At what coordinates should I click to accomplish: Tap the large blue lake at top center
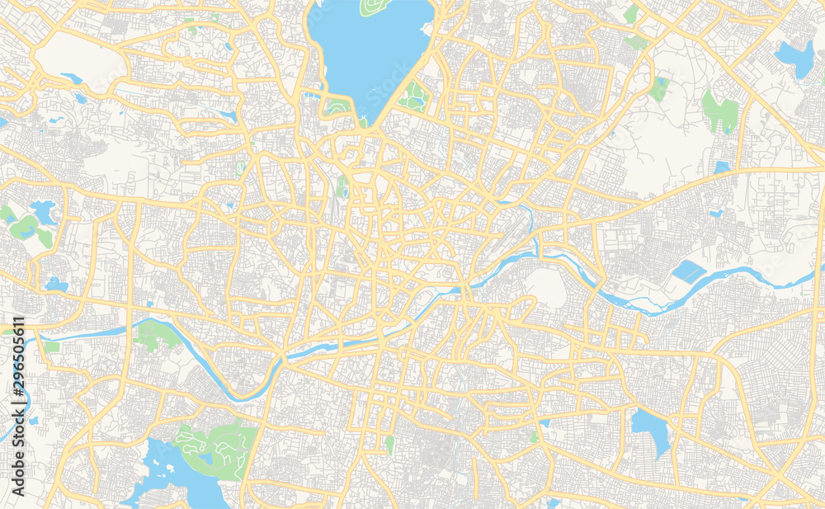coord(371,49)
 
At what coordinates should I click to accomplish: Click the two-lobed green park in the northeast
coord(720,111)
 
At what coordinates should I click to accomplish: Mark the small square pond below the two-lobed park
coord(722,167)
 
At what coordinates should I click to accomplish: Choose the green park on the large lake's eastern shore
coord(412,97)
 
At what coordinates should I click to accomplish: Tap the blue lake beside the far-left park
coord(41,212)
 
